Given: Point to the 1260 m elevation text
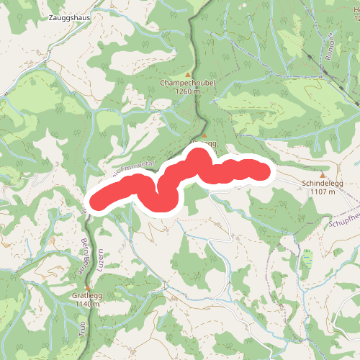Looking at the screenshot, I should tap(186, 92).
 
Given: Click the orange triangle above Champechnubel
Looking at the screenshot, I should tap(189, 74).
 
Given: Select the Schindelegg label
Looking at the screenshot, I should tap(323, 184).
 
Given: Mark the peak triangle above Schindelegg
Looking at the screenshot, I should tap(323, 175).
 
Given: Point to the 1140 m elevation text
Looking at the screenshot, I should tap(86, 304).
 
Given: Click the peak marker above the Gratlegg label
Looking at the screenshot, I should tap(86, 287).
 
